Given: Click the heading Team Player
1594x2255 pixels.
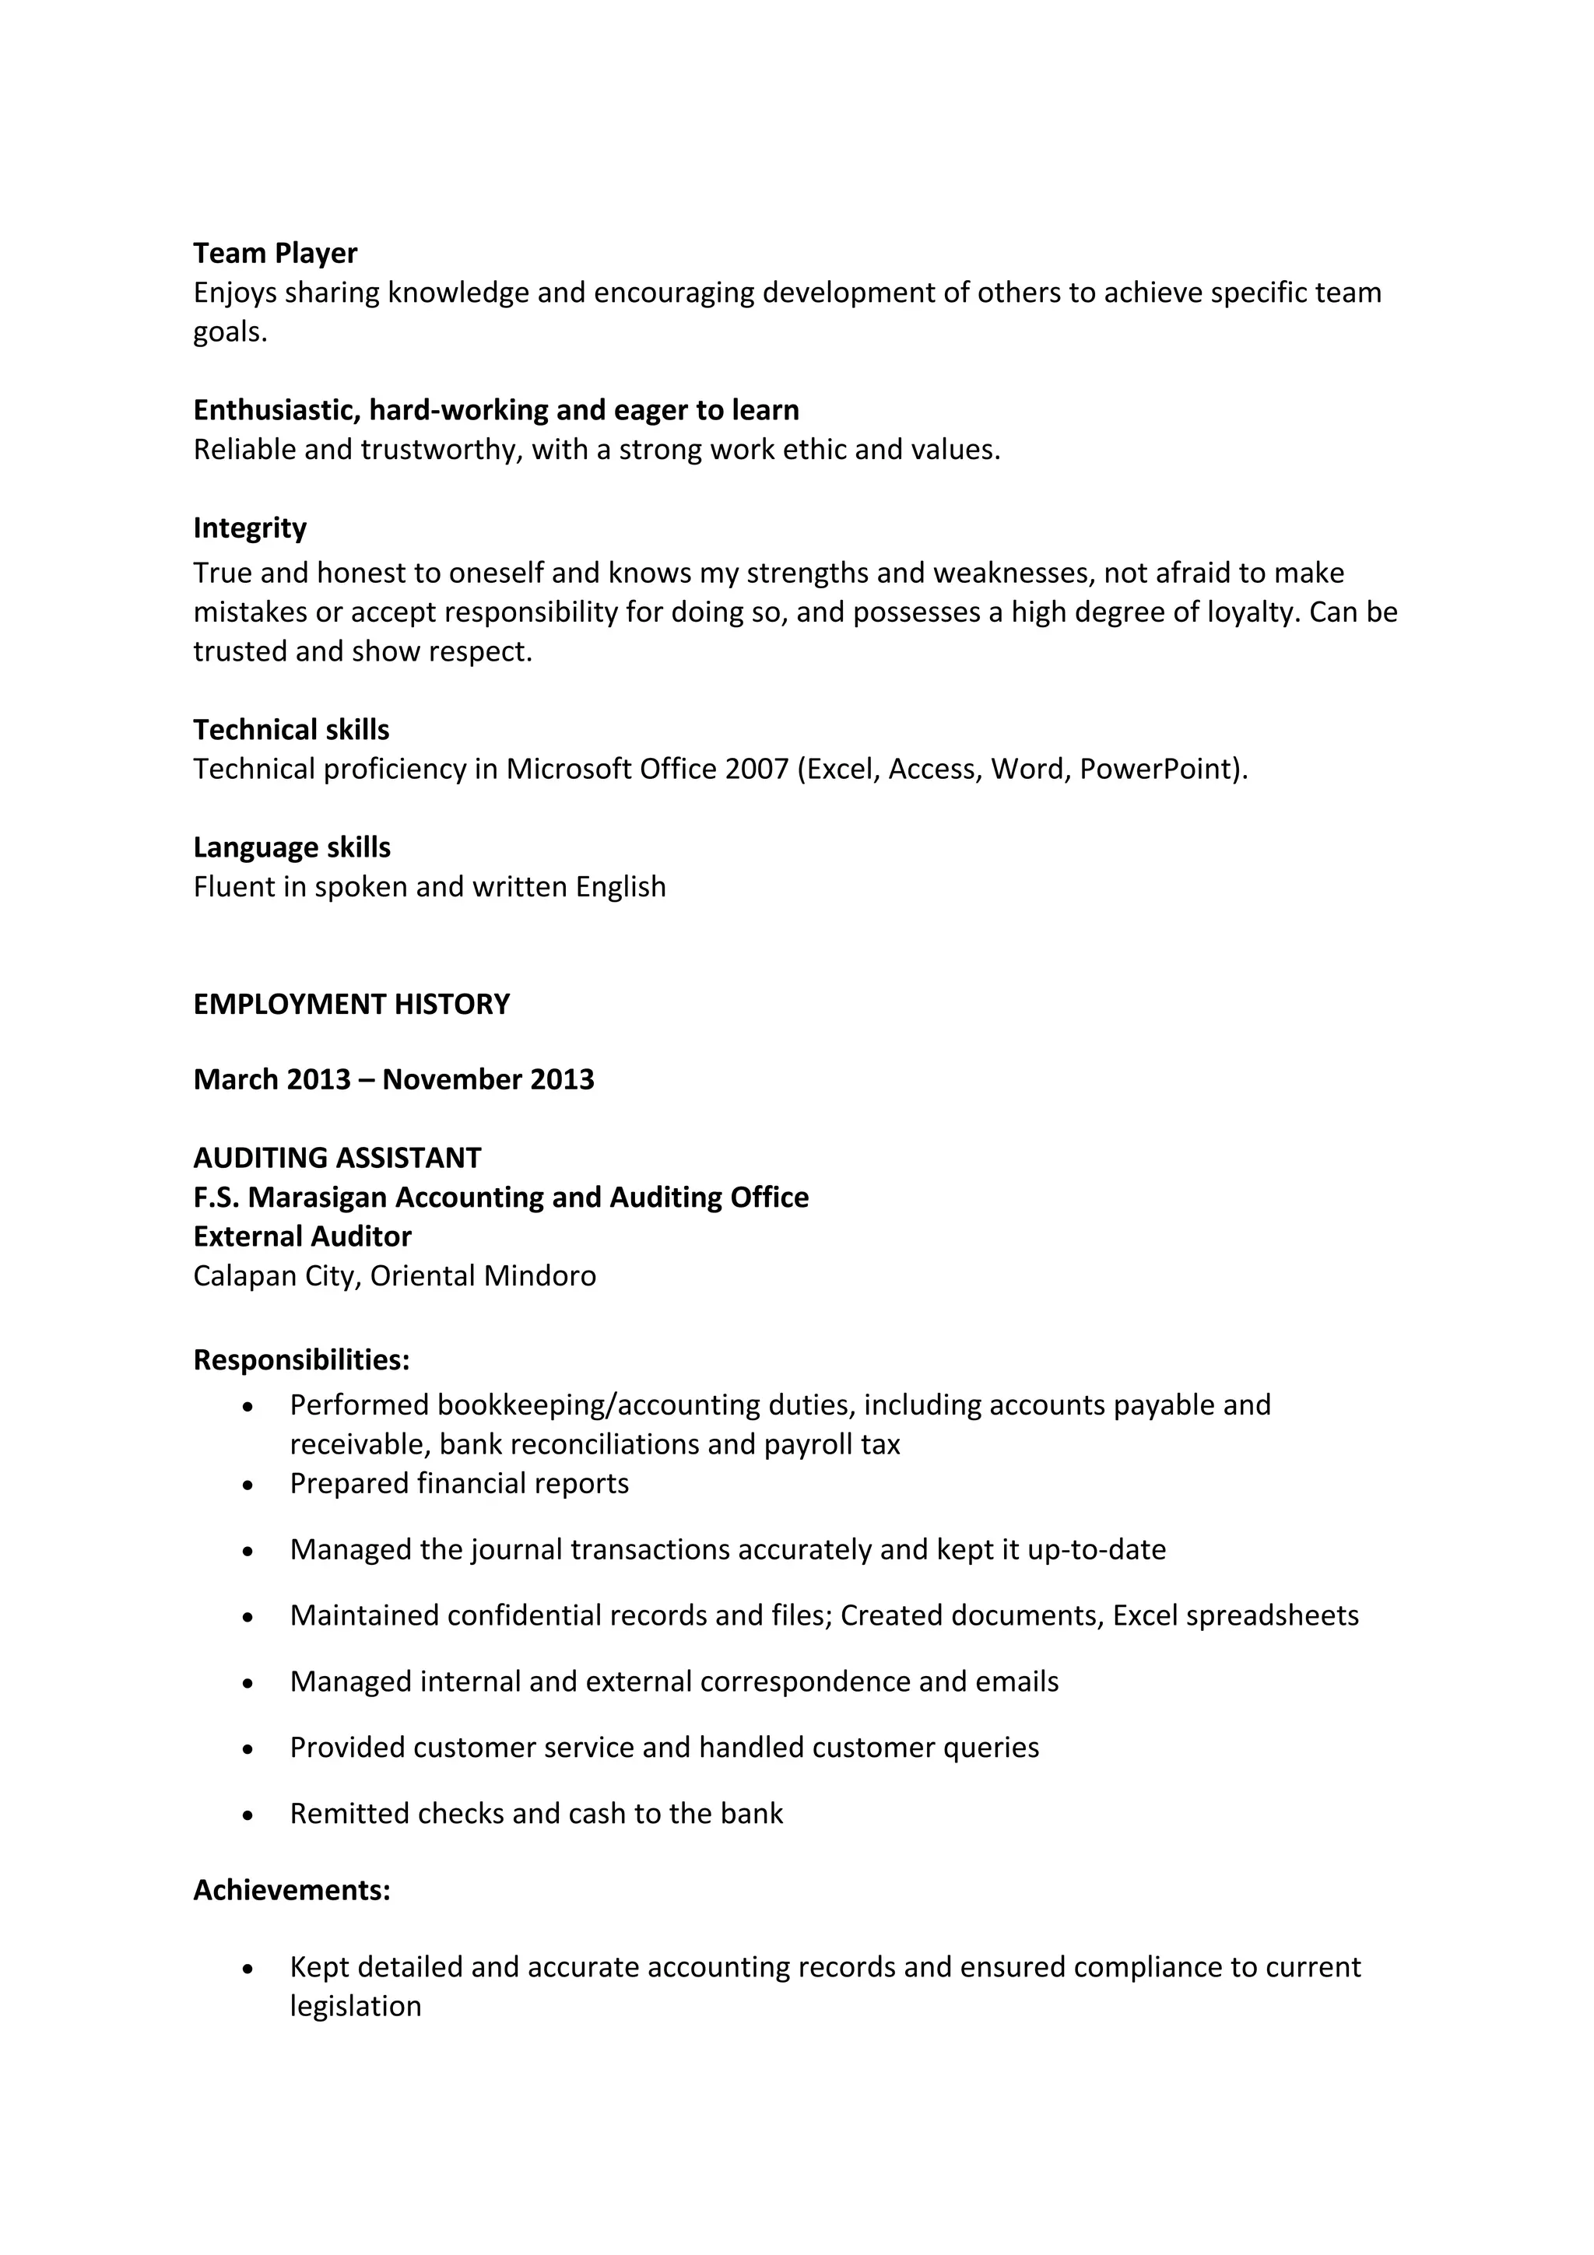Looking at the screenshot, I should tap(275, 254).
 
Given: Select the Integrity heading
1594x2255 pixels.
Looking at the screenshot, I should tap(250, 528).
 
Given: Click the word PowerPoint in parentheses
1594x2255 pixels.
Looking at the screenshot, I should tap(1158, 769).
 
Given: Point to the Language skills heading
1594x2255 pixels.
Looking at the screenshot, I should tap(292, 847).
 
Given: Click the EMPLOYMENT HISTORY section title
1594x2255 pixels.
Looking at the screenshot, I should tap(352, 1005).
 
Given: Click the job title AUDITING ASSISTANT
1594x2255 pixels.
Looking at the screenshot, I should tap(337, 1158).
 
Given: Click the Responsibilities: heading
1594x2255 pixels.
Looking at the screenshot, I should tap(301, 1360).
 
